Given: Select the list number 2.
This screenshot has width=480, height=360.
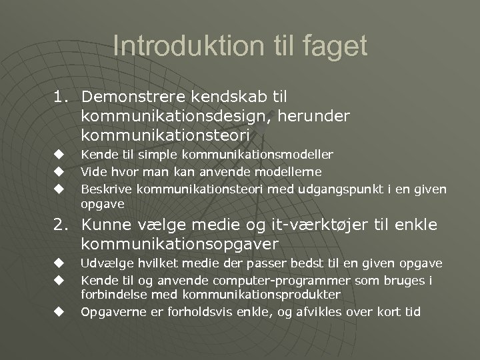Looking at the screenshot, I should click(x=62, y=225).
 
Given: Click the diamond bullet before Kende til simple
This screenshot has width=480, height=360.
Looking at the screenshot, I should click(x=59, y=155).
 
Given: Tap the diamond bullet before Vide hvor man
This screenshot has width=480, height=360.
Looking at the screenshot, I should click(x=59, y=170).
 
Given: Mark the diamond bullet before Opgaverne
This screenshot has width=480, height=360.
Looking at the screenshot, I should click(x=59, y=311).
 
